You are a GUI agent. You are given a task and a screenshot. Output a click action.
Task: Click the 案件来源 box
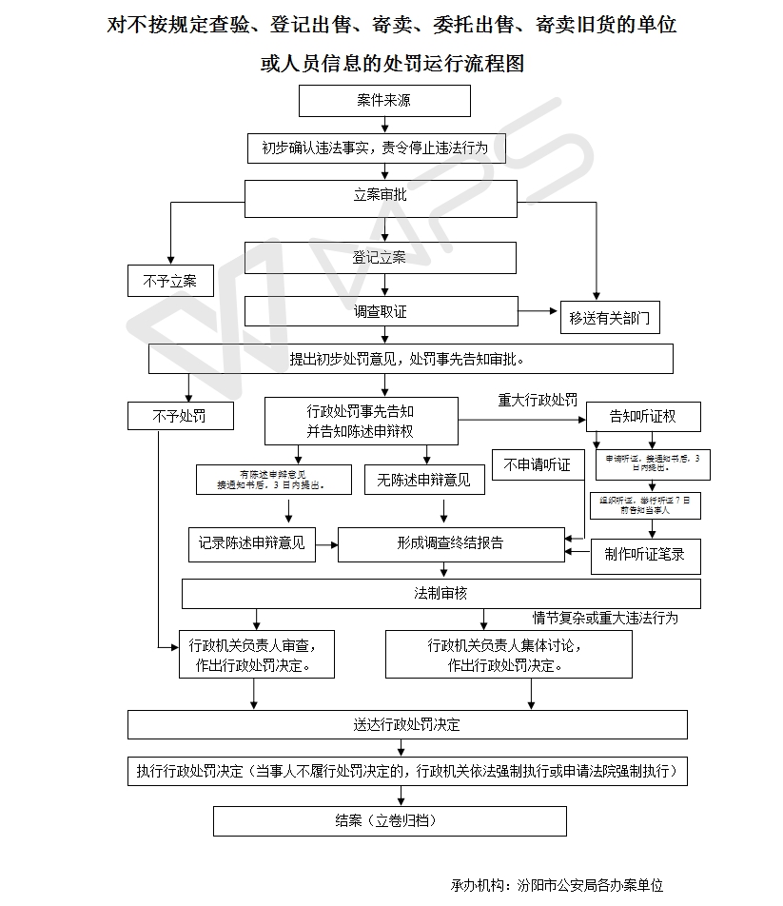tap(384, 101)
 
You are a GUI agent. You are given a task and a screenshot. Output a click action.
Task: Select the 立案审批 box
tap(381, 196)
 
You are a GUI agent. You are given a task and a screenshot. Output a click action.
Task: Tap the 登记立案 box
tap(381, 258)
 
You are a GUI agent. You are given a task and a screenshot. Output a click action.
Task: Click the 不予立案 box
tap(170, 281)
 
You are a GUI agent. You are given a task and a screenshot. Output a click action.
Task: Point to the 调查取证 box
tap(381, 311)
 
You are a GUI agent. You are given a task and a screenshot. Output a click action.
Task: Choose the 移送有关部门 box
tap(610, 318)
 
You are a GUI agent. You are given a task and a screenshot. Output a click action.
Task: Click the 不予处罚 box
tap(179, 416)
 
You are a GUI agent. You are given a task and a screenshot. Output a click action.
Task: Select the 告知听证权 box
tap(642, 417)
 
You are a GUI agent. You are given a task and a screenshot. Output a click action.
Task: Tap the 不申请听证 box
tap(537, 465)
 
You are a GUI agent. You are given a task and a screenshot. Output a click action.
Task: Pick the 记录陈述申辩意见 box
tap(252, 544)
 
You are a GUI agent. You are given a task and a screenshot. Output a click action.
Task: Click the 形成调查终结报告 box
tap(451, 544)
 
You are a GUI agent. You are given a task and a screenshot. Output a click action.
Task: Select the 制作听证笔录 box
tap(645, 555)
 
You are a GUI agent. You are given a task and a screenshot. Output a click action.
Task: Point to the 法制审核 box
tap(441, 594)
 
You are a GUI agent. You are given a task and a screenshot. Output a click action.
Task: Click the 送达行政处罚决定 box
tap(407, 725)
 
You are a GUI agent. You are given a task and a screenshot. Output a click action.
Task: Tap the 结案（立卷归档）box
tap(389, 820)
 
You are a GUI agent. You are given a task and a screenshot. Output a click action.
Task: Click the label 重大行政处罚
tap(538, 401)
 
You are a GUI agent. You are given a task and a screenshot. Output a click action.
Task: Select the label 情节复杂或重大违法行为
tap(605, 619)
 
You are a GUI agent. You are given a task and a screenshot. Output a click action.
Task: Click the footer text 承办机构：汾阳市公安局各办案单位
tap(557, 885)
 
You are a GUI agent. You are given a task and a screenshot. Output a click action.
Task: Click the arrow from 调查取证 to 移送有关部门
tap(538, 311)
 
